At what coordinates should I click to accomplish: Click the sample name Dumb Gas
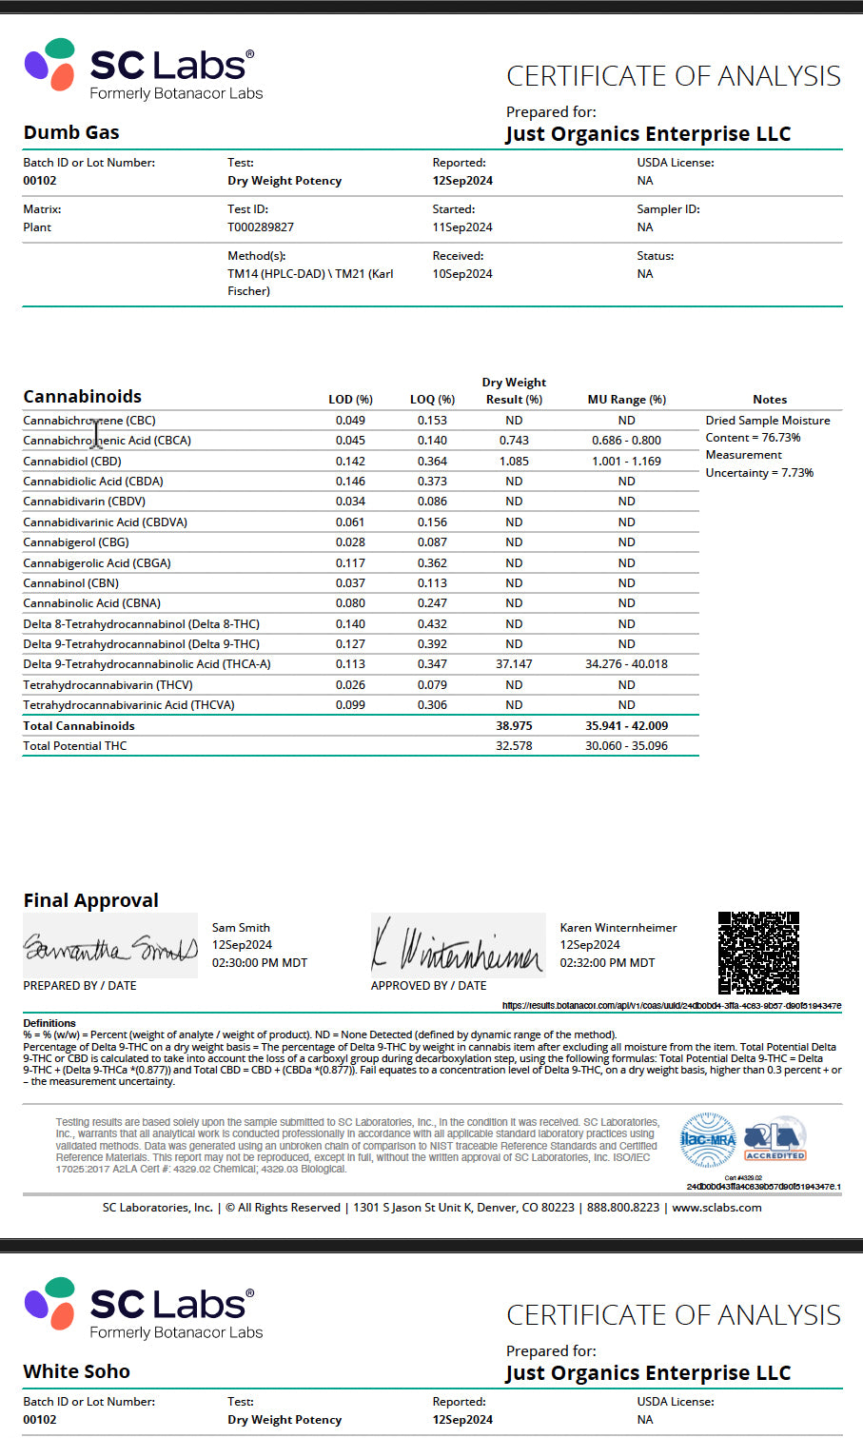tap(71, 132)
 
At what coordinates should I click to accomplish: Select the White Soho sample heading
tap(76, 1371)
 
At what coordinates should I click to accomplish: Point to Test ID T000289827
tap(261, 227)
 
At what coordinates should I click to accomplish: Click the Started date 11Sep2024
tap(462, 227)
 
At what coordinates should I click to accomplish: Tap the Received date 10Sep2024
tap(462, 274)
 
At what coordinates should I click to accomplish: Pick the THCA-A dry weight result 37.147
tap(514, 664)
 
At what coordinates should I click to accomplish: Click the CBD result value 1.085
tap(514, 462)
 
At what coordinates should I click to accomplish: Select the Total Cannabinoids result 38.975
tap(514, 726)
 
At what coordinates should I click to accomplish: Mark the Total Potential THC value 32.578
tap(514, 746)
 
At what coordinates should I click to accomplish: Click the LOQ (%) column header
tap(432, 400)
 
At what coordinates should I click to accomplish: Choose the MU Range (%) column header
tap(626, 400)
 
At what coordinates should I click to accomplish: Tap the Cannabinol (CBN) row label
tap(71, 583)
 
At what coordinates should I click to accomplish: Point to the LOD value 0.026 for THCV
tap(350, 685)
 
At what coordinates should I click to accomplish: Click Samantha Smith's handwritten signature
tap(109, 948)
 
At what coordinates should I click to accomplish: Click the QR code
tap(758, 953)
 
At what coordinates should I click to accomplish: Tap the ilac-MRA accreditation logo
tap(708, 1139)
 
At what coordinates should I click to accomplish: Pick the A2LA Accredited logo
tap(775, 1139)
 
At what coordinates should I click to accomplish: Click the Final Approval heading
tap(90, 900)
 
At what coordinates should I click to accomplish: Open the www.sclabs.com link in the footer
tap(716, 1208)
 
